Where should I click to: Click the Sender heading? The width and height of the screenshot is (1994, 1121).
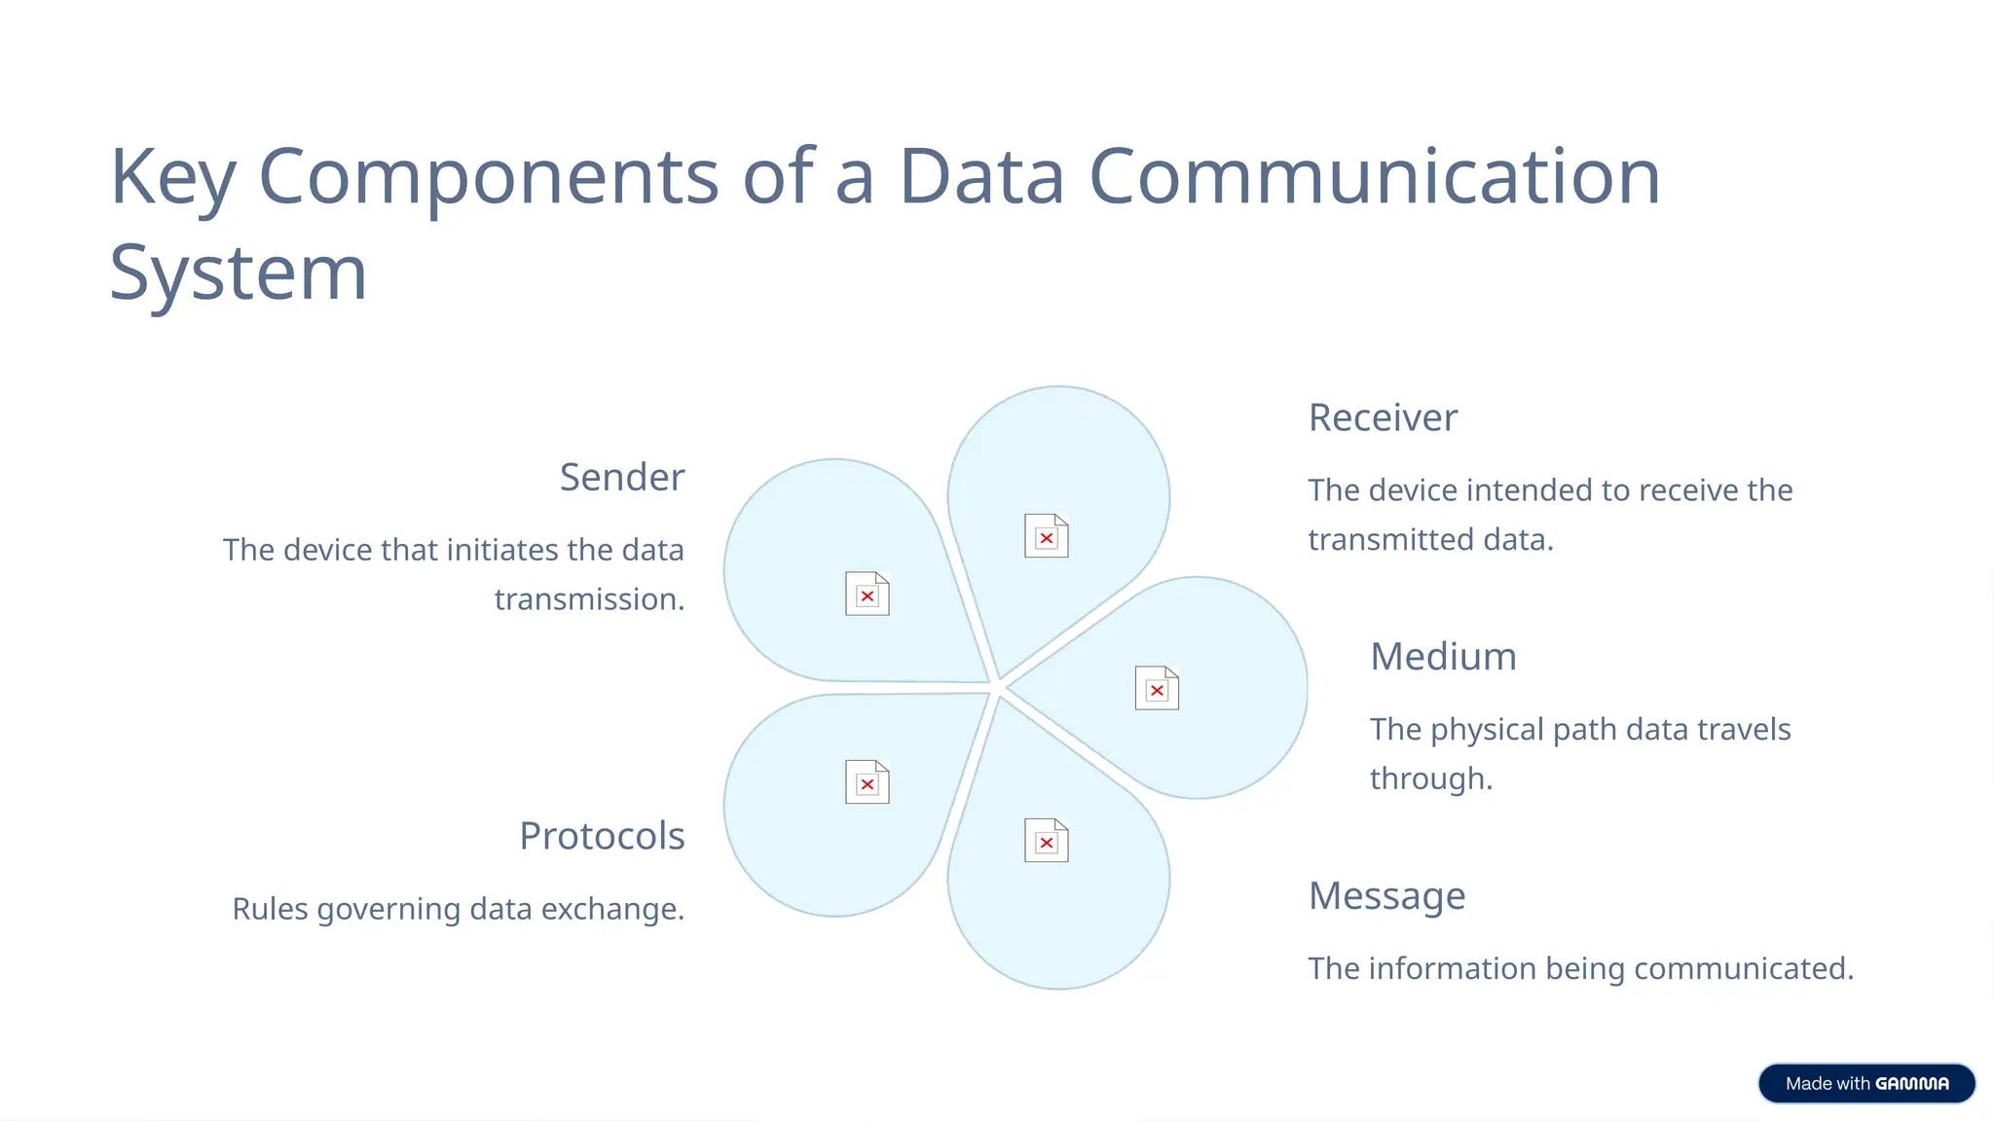tap(621, 478)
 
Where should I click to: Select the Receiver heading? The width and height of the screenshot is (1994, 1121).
tap(1382, 418)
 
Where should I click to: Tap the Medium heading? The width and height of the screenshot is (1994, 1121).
tap(1443, 657)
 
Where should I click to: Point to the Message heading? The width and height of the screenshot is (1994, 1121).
tap(1386, 896)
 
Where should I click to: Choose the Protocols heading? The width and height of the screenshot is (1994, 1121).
tap(602, 836)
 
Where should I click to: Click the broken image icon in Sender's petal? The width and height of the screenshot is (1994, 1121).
tap(867, 594)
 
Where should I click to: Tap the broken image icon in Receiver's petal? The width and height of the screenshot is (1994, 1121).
tap(1046, 536)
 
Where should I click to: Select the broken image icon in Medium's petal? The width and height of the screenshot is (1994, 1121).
tap(1157, 688)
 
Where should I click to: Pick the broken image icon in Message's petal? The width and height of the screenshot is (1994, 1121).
tap(1046, 841)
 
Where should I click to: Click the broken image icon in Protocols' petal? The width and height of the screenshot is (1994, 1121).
tap(867, 782)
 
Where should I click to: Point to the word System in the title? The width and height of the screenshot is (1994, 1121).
tap(239, 273)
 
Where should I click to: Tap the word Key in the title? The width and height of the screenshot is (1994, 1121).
tap(172, 178)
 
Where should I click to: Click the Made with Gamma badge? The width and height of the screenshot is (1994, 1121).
tap(1865, 1083)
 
